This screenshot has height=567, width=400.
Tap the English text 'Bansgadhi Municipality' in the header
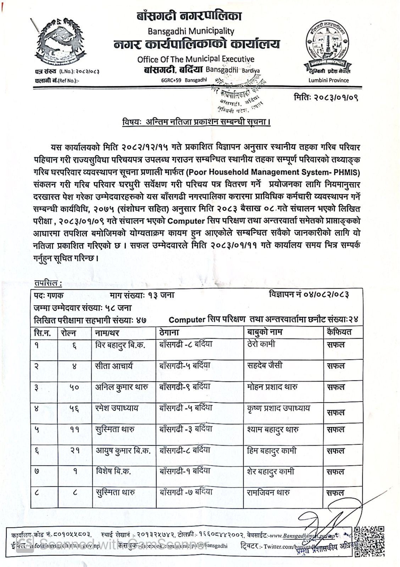[x=191, y=31]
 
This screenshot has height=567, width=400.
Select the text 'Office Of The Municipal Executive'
[x=196, y=59]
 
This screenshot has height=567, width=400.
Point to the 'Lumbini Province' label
[x=328, y=80]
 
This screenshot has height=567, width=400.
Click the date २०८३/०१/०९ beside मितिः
[x=336, y=97]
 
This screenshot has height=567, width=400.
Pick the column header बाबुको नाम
[x=265, y=332]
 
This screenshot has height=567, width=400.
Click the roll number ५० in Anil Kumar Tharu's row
[x=74, y=387]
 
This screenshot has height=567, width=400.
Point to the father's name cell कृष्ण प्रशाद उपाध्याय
[x=279, y=409]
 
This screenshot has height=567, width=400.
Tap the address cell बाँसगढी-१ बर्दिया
[x=185, y=471]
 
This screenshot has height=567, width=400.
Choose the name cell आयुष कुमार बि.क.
[x=123, y=451]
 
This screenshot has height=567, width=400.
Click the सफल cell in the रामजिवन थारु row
[x=335, y=493]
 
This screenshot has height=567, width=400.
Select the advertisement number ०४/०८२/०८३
[x=326, y=295]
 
